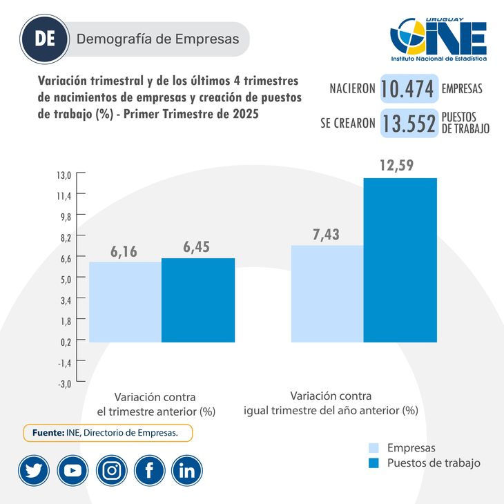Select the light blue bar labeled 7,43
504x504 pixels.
(327, 293)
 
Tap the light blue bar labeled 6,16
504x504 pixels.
(125, 302)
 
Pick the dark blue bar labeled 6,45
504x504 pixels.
(198, 300)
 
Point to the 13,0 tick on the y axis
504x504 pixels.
(64, 175)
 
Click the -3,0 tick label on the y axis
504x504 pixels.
(64, 383)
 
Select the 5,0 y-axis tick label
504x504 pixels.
(64, 279)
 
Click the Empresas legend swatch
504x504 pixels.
(375, 447)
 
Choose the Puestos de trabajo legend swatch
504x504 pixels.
(375, 463)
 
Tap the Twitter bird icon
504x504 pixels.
(33, 471)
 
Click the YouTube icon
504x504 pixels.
(72, 471)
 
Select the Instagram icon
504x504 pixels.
(111, 471)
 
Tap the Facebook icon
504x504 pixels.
(149, 471)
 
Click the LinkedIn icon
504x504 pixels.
(187, 471)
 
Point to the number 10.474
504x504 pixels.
(408, 88)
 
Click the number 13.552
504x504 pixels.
(409, 123)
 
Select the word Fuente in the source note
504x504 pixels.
(48, 433)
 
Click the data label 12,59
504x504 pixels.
(400, 166)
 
